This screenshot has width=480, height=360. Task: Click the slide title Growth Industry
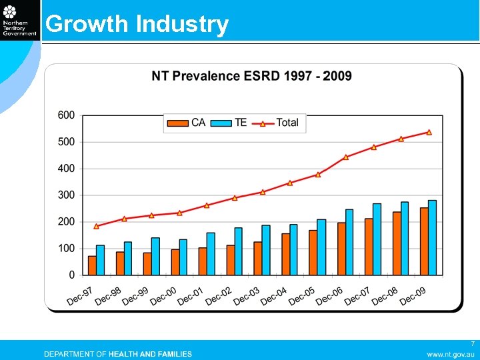click(x=137, y=24)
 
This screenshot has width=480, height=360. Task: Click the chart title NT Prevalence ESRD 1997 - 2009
click(x=251, y=76)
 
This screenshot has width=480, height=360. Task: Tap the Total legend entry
click(x=279, y=123)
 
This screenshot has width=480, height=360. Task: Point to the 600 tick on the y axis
click(x=67, y=115)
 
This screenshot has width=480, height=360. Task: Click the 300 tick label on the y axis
click(x=67, y=195)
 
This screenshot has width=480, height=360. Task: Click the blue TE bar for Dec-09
click(x=432, y=237)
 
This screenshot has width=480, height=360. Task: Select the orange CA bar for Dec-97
click(x=92, y=265)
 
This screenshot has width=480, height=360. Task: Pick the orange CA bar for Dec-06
click(x=341, y=249)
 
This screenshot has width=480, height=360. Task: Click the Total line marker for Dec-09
click(x=429, y=132)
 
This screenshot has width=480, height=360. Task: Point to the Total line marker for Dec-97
click(x=97, y=226)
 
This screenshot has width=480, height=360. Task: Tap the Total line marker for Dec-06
click(x=346, y=157)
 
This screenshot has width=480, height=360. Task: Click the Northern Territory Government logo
click(x=19, y=20)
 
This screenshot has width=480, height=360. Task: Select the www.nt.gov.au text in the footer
click(x=450, y=354)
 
